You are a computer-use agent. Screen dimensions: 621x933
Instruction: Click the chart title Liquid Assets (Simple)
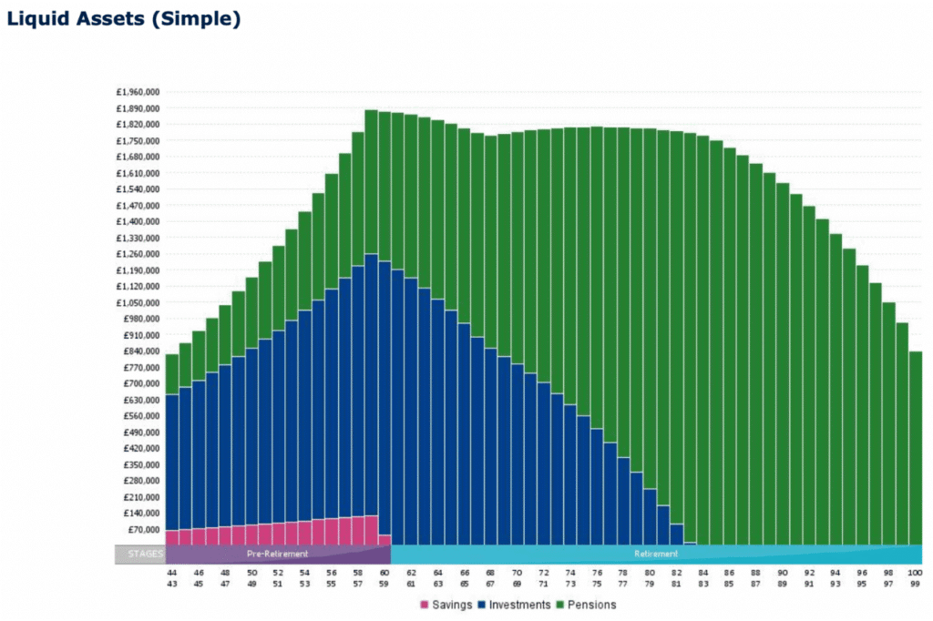point(123,18)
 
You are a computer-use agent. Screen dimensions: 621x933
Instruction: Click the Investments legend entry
point(514,605)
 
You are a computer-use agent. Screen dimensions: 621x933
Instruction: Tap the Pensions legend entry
point(589,605)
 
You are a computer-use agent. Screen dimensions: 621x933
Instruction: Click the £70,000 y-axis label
point(144,530)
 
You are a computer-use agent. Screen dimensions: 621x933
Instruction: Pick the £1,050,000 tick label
point(138,302)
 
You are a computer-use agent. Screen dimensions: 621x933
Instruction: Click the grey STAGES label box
point(140,554)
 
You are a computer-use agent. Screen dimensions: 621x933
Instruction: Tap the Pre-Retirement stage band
point(278,554)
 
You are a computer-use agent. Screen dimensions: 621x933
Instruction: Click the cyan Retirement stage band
point(656,554)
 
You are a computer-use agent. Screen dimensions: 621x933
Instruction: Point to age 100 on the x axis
point(916,573)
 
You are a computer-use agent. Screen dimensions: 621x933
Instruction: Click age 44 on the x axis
point(171,573)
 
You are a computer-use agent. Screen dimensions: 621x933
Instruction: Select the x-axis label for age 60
point(384,573)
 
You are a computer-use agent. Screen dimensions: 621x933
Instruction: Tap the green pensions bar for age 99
point(916,446)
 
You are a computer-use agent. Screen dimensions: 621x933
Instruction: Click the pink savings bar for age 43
point(171,537)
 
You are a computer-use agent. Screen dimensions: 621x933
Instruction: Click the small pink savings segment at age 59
point(384,540)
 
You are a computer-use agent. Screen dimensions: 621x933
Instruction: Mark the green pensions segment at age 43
point(171,374)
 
